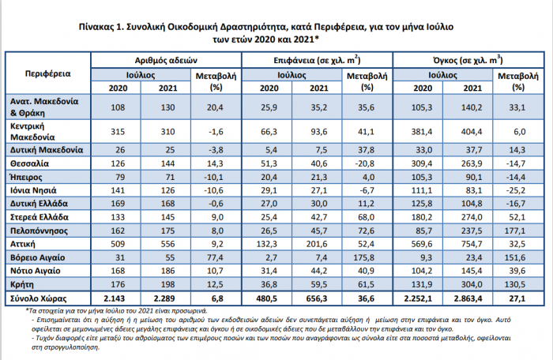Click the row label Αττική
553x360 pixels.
23,244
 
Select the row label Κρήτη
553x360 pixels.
22,284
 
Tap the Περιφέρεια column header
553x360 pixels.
48,73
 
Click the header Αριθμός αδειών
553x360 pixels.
166,60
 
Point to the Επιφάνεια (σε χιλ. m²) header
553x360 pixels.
317,60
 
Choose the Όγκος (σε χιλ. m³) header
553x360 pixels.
468,60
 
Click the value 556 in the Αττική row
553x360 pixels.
167,244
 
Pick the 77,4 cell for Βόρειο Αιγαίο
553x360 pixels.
215,257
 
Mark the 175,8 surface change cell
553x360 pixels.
363,257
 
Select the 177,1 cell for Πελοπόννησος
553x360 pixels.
514,231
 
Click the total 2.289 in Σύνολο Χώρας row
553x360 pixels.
164,298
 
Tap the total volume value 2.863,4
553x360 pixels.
468,298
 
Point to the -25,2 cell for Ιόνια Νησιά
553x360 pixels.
516,190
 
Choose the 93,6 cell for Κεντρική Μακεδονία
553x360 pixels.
319,132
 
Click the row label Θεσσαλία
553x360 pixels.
29,163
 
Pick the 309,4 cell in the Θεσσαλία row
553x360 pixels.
421,163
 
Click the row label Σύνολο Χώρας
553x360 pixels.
39,298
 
